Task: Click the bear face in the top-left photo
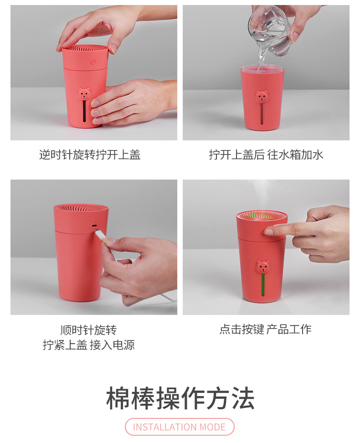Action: [84, 94]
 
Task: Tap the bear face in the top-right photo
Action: [262, 96]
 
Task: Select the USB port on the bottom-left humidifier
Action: [94, 225]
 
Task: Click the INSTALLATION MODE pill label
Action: [180, 427]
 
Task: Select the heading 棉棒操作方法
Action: [180, 398]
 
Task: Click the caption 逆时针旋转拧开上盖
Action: [90, 155]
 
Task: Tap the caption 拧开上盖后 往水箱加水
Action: [266, 155]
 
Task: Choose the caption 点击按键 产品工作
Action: [265, 330]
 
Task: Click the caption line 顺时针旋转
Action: [88, 330]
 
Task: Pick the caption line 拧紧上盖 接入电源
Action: [88, 345]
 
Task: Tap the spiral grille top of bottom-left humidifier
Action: [81, 209]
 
